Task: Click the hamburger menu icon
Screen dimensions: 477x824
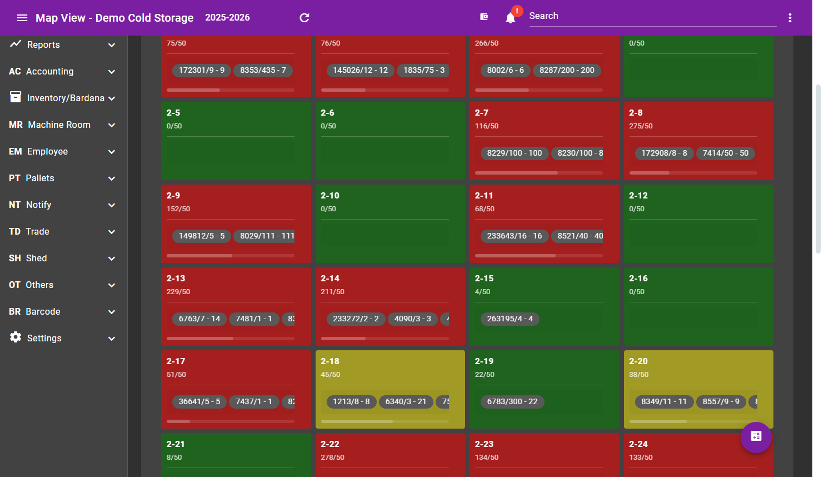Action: pos(22,18)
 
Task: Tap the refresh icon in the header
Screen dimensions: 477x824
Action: pos(304,18)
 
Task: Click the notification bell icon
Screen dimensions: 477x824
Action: pos(511,18)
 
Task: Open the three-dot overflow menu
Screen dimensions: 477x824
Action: pos(790,18)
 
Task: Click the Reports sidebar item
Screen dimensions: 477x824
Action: pos(43,44)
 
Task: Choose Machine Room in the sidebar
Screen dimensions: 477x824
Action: pos(59,125)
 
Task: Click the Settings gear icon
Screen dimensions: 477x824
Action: pos(16,337)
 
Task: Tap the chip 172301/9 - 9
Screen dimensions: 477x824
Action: pos(202,70)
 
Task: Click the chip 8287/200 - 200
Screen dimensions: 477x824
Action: pos(567,70)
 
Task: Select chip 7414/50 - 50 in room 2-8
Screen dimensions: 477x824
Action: pos(725,153)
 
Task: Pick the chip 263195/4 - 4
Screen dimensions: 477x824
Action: pos(510,319)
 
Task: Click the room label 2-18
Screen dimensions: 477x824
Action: pos(330,361)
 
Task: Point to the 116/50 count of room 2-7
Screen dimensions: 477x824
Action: pos(487,126)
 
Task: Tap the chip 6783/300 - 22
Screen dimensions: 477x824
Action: pos(512,401)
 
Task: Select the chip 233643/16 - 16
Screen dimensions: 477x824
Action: pos(514,236)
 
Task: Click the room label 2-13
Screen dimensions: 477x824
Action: pos(176,278)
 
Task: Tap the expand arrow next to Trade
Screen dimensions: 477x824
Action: pos(112,232)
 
